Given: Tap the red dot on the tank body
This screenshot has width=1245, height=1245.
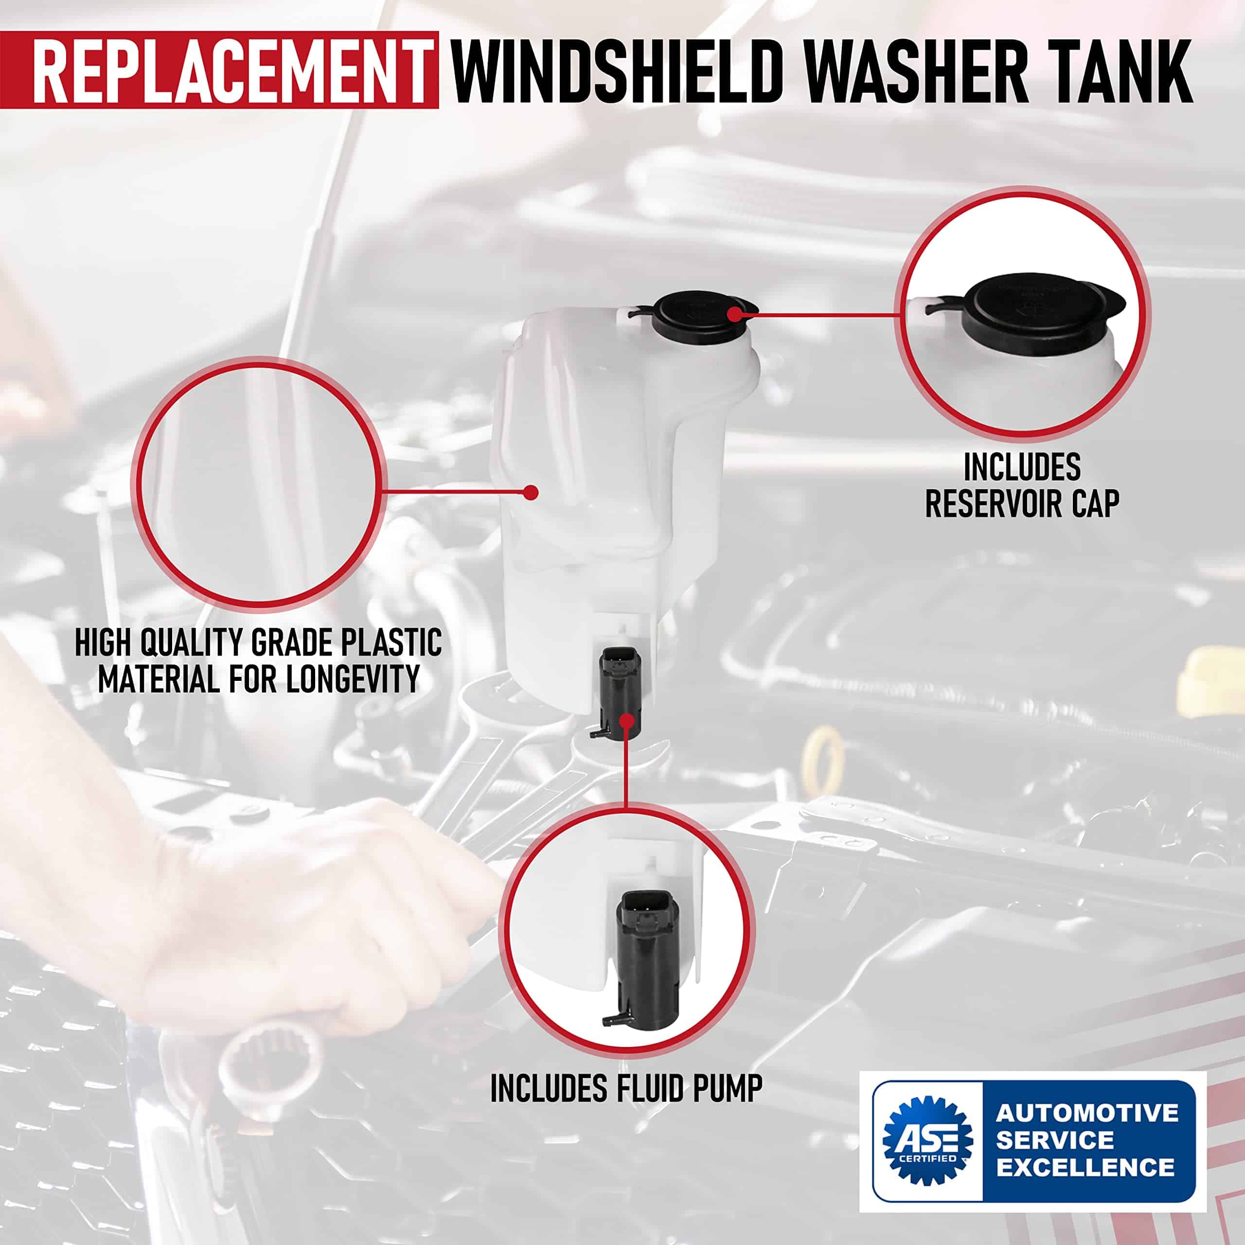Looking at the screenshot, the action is (x=531, y=492).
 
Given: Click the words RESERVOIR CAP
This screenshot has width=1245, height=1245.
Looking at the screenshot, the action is (x=1022, y=503).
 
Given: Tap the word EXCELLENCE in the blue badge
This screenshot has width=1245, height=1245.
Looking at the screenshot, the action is (x=1085, y=1167).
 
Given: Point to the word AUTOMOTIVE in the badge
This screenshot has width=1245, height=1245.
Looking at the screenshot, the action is (x=1087, y=1113).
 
